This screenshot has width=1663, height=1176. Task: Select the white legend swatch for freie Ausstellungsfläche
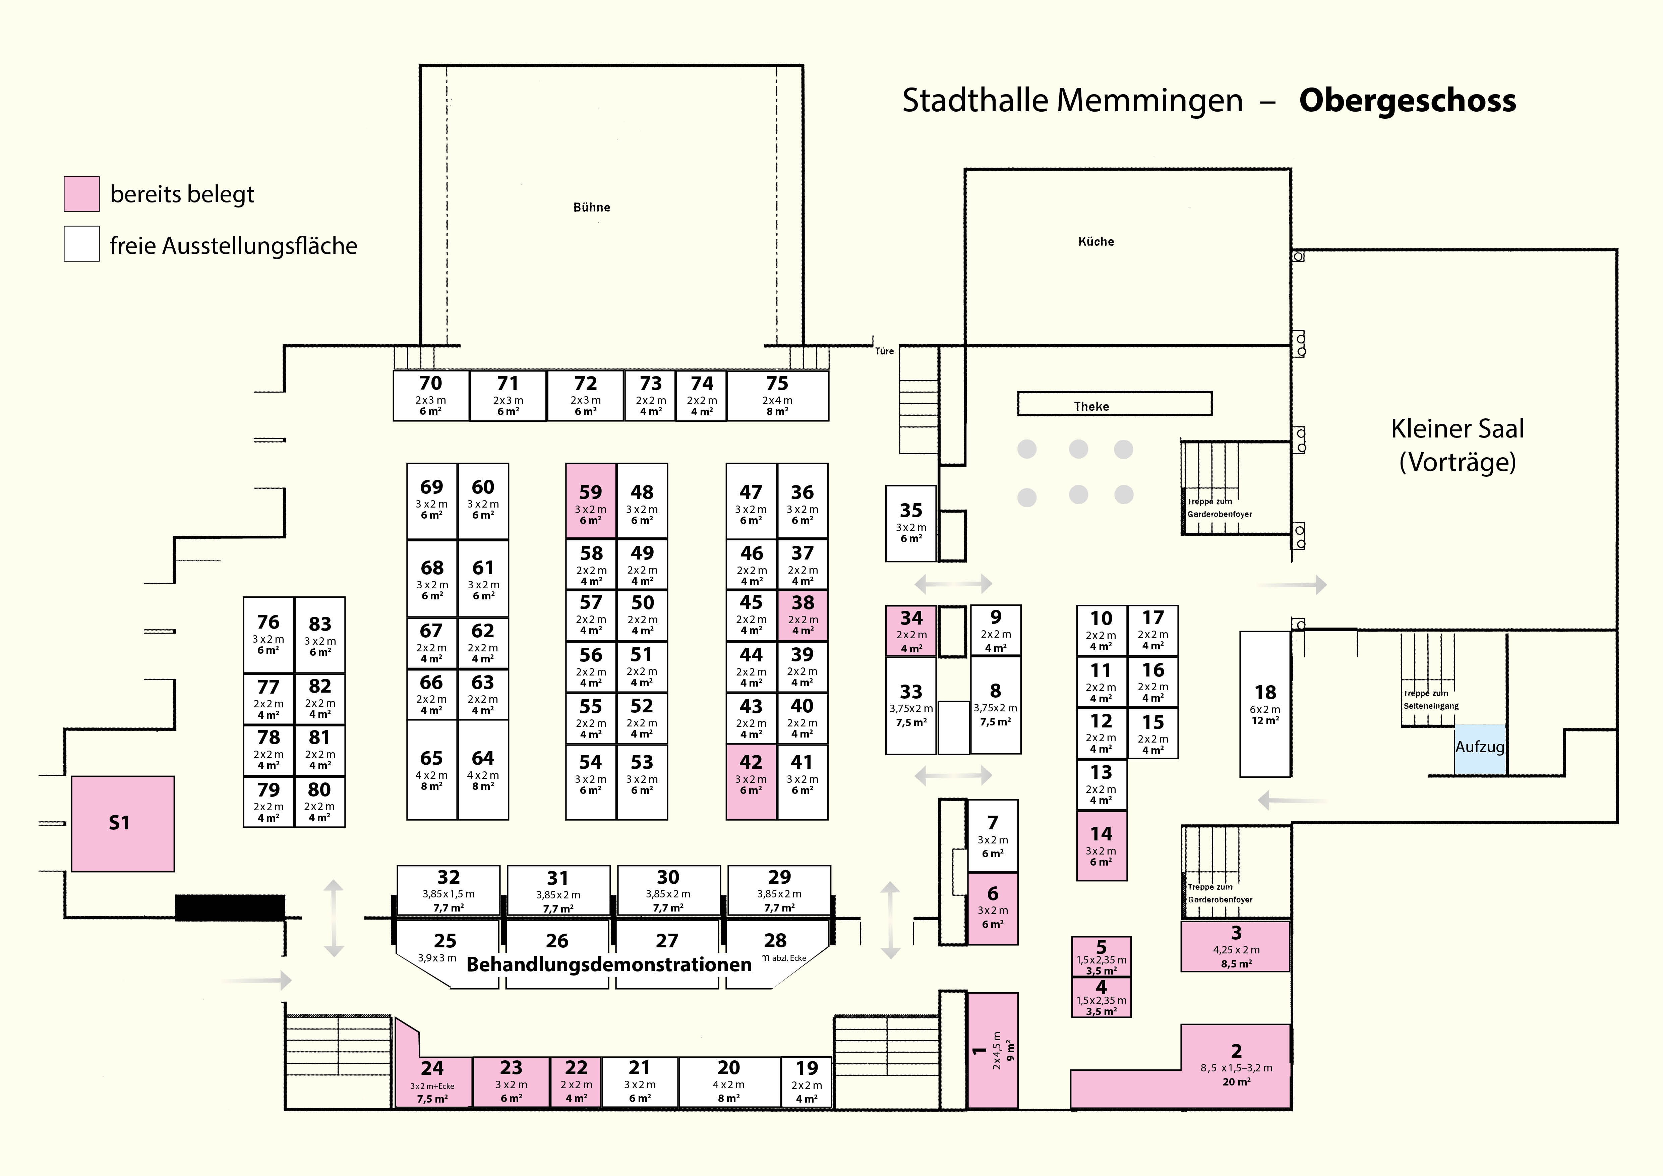click(82, 244)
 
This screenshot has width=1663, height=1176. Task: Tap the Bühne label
click(592, 207)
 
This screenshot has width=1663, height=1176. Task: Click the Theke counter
click(1114, 404)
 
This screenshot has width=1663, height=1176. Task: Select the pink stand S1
click(122, 823)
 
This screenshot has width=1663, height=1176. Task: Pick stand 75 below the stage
click(777, 395)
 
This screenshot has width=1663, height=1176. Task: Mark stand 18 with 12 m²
click(1265, 704)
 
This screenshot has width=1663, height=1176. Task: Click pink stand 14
click(1101, 845)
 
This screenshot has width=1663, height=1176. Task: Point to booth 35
click(910, 523)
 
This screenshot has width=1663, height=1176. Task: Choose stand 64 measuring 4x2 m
click(483, 769)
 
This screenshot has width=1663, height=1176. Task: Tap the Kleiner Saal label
click(1457, 445)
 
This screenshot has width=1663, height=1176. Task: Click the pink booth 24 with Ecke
click(432, 1080)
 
